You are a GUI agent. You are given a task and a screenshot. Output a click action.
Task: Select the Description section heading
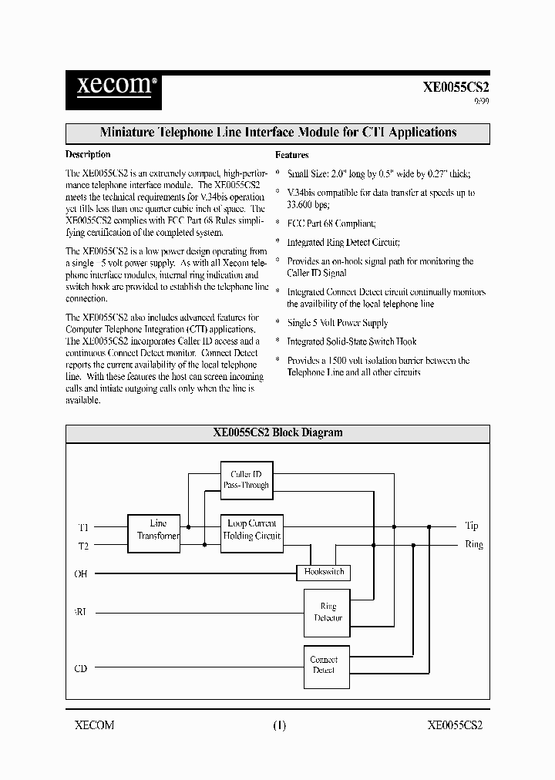click(x=88, y=155)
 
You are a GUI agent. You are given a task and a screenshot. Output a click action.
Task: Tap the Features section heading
click(x=292, y=155)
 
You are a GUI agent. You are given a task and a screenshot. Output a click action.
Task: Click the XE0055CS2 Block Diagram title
click(x=277, y=433)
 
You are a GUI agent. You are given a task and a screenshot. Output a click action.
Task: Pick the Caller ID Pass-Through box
click(x=246, y=479)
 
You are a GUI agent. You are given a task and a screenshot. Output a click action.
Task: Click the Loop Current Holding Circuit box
click(x=252, y=530)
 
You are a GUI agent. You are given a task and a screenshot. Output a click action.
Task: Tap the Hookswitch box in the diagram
click(x=324, y=572)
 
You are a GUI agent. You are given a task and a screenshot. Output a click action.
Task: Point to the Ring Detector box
click(x=328, y=612)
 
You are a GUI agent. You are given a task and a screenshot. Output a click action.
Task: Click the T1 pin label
click(x=83, y=527)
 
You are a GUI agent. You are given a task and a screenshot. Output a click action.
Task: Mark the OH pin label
click(x=81, y=573)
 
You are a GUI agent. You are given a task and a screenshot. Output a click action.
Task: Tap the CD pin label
click(x=81, y=668)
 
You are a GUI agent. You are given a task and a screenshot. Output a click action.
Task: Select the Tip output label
click(x=472, y=526)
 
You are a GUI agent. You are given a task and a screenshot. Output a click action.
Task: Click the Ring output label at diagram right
click(x=474, y=544)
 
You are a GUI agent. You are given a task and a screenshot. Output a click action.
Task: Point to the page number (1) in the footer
click(x=279, y=725)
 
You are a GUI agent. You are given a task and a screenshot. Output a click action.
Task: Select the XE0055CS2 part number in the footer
click(x=455, y=725)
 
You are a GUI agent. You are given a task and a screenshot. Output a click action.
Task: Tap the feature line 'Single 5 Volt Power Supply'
click(x=338, y=323)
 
